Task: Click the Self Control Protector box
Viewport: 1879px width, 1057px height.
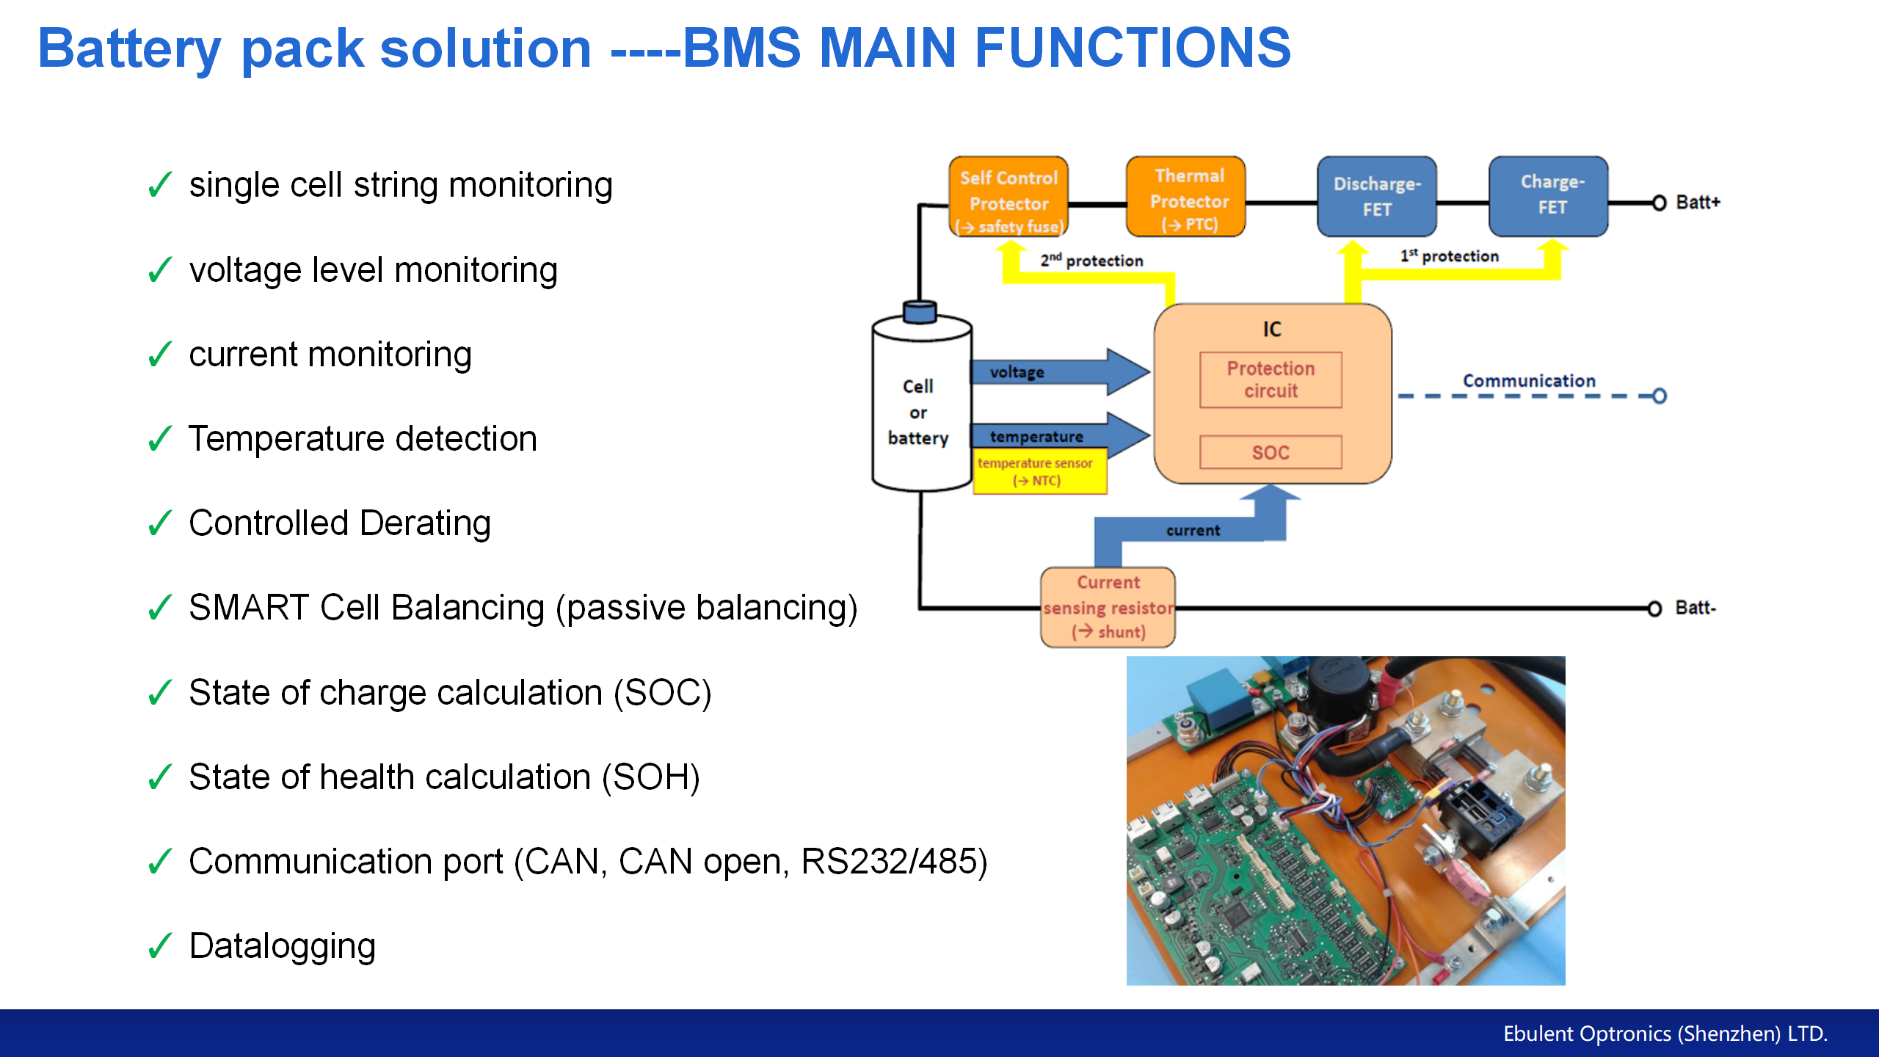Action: coord(1008,197)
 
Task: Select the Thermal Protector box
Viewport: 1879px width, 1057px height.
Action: coord(1186,197)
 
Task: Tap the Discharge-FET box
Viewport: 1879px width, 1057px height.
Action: coord(1376,197)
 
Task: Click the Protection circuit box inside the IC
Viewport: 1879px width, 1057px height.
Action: coord(1271,379)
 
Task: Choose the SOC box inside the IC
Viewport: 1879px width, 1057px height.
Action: coord(1271,452)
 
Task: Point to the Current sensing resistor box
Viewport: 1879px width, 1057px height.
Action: coord(1108,607)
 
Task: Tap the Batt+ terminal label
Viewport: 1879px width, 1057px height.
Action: coord(1698,203)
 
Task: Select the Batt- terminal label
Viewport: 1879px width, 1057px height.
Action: coord(1696,608)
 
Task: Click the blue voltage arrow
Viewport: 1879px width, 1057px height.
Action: coord(1057,371)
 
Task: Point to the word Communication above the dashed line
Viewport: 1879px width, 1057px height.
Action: coord(1529,381)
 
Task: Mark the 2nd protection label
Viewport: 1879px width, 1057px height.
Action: coord(1091,261)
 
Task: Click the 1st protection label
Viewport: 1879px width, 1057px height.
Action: coord(1449,256)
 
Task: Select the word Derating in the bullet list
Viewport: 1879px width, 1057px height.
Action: coord(425,524)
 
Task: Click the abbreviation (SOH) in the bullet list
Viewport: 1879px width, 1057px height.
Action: coord(650,777)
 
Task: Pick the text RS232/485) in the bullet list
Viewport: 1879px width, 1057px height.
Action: coord(894,862)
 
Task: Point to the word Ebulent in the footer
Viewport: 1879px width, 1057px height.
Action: coord(1538,1034)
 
